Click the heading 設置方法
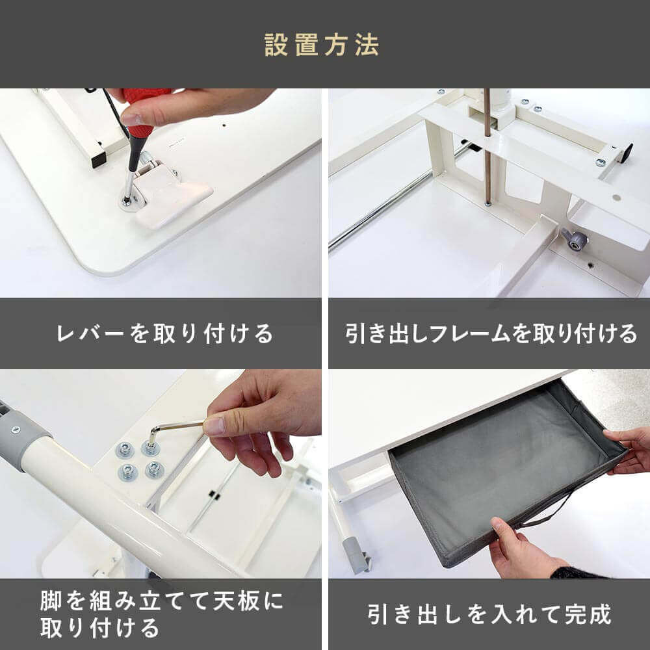click(x=322, y=45)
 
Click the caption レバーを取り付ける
click(x=164, y=333)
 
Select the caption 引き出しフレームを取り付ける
click(x=491, y=333)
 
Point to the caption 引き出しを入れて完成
click(x=489, y=614)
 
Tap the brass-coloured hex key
click(x=174, y=430)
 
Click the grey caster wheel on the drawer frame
click(x=576, y=239)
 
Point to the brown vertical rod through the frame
click(x=487, y=147)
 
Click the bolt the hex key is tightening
click(x=151, y=448)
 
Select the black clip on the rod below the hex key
click(x=213, y=495)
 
